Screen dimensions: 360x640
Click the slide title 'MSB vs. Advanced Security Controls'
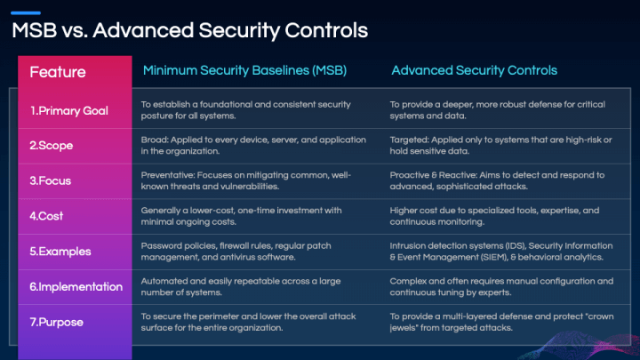coord(189,30)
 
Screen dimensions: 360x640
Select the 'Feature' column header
coord(58,72)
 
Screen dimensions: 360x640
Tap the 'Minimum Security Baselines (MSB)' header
coord(244,70)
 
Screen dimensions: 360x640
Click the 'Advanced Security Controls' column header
coord(474,70)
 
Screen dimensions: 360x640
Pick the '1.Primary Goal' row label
coord(69,110)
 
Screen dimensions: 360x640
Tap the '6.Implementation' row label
coord(76,286)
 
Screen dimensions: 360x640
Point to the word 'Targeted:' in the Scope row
coord(407,140)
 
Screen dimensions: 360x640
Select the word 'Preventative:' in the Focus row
coord(166,175)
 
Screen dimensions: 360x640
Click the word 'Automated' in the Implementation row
coord(162,281)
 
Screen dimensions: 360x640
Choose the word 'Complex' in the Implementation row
coord(407,281)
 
